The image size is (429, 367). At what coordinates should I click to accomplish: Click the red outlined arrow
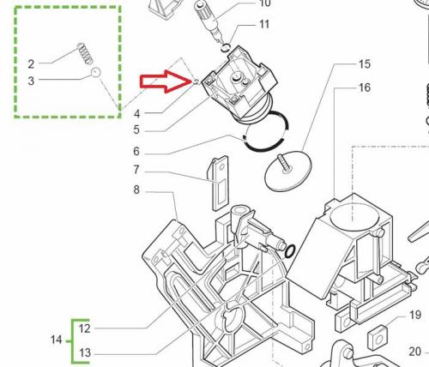tap(166, 81)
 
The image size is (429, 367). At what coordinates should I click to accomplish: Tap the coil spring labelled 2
tap(86, 53)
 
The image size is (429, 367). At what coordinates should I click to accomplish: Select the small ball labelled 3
tap(95, 72)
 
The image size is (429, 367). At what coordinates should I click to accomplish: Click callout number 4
tap(137, 114)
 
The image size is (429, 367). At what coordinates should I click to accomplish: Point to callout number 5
tap(136, 129)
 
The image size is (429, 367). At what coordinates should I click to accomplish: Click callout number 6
tap(136, 152)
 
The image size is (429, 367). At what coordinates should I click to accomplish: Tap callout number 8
tap(136, 190)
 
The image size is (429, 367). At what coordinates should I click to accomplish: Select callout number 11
tap(264, 24)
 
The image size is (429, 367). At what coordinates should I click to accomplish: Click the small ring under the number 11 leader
tap(226, 47)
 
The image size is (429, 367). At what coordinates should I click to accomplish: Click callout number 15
tap(365, 64)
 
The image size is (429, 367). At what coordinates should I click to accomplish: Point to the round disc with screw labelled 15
tap(287, 172)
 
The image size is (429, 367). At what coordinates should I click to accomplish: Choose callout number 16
tap(365, 87)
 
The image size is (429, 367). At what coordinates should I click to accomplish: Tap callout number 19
tap(415, 315)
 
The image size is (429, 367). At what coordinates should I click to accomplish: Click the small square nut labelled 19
tap(378, 338)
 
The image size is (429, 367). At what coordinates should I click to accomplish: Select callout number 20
tap(415, 352)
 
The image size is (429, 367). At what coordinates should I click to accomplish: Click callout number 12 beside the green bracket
tap(85, 328)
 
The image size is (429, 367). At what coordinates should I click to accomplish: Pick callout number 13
tap(85, 352)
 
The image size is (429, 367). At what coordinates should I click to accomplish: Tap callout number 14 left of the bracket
tap(57, 340)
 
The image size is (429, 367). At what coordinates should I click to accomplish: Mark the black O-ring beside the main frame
tap(290, 251)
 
